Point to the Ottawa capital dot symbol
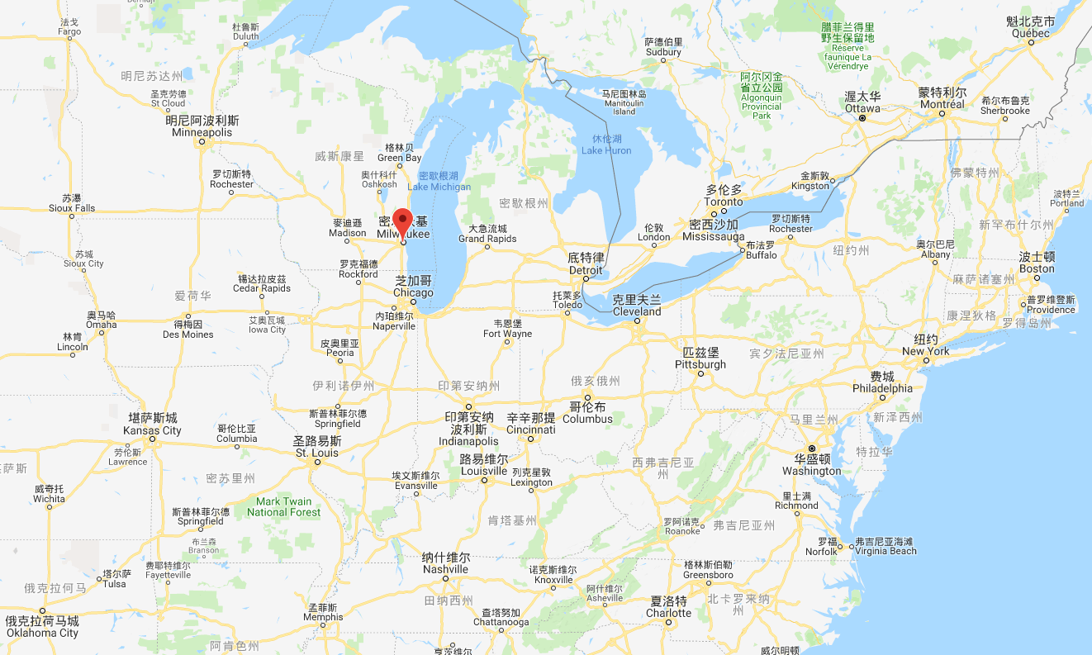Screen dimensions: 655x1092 (862, 118)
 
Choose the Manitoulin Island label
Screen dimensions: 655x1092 (624, 102)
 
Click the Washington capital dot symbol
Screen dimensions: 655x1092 (811, 449)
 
